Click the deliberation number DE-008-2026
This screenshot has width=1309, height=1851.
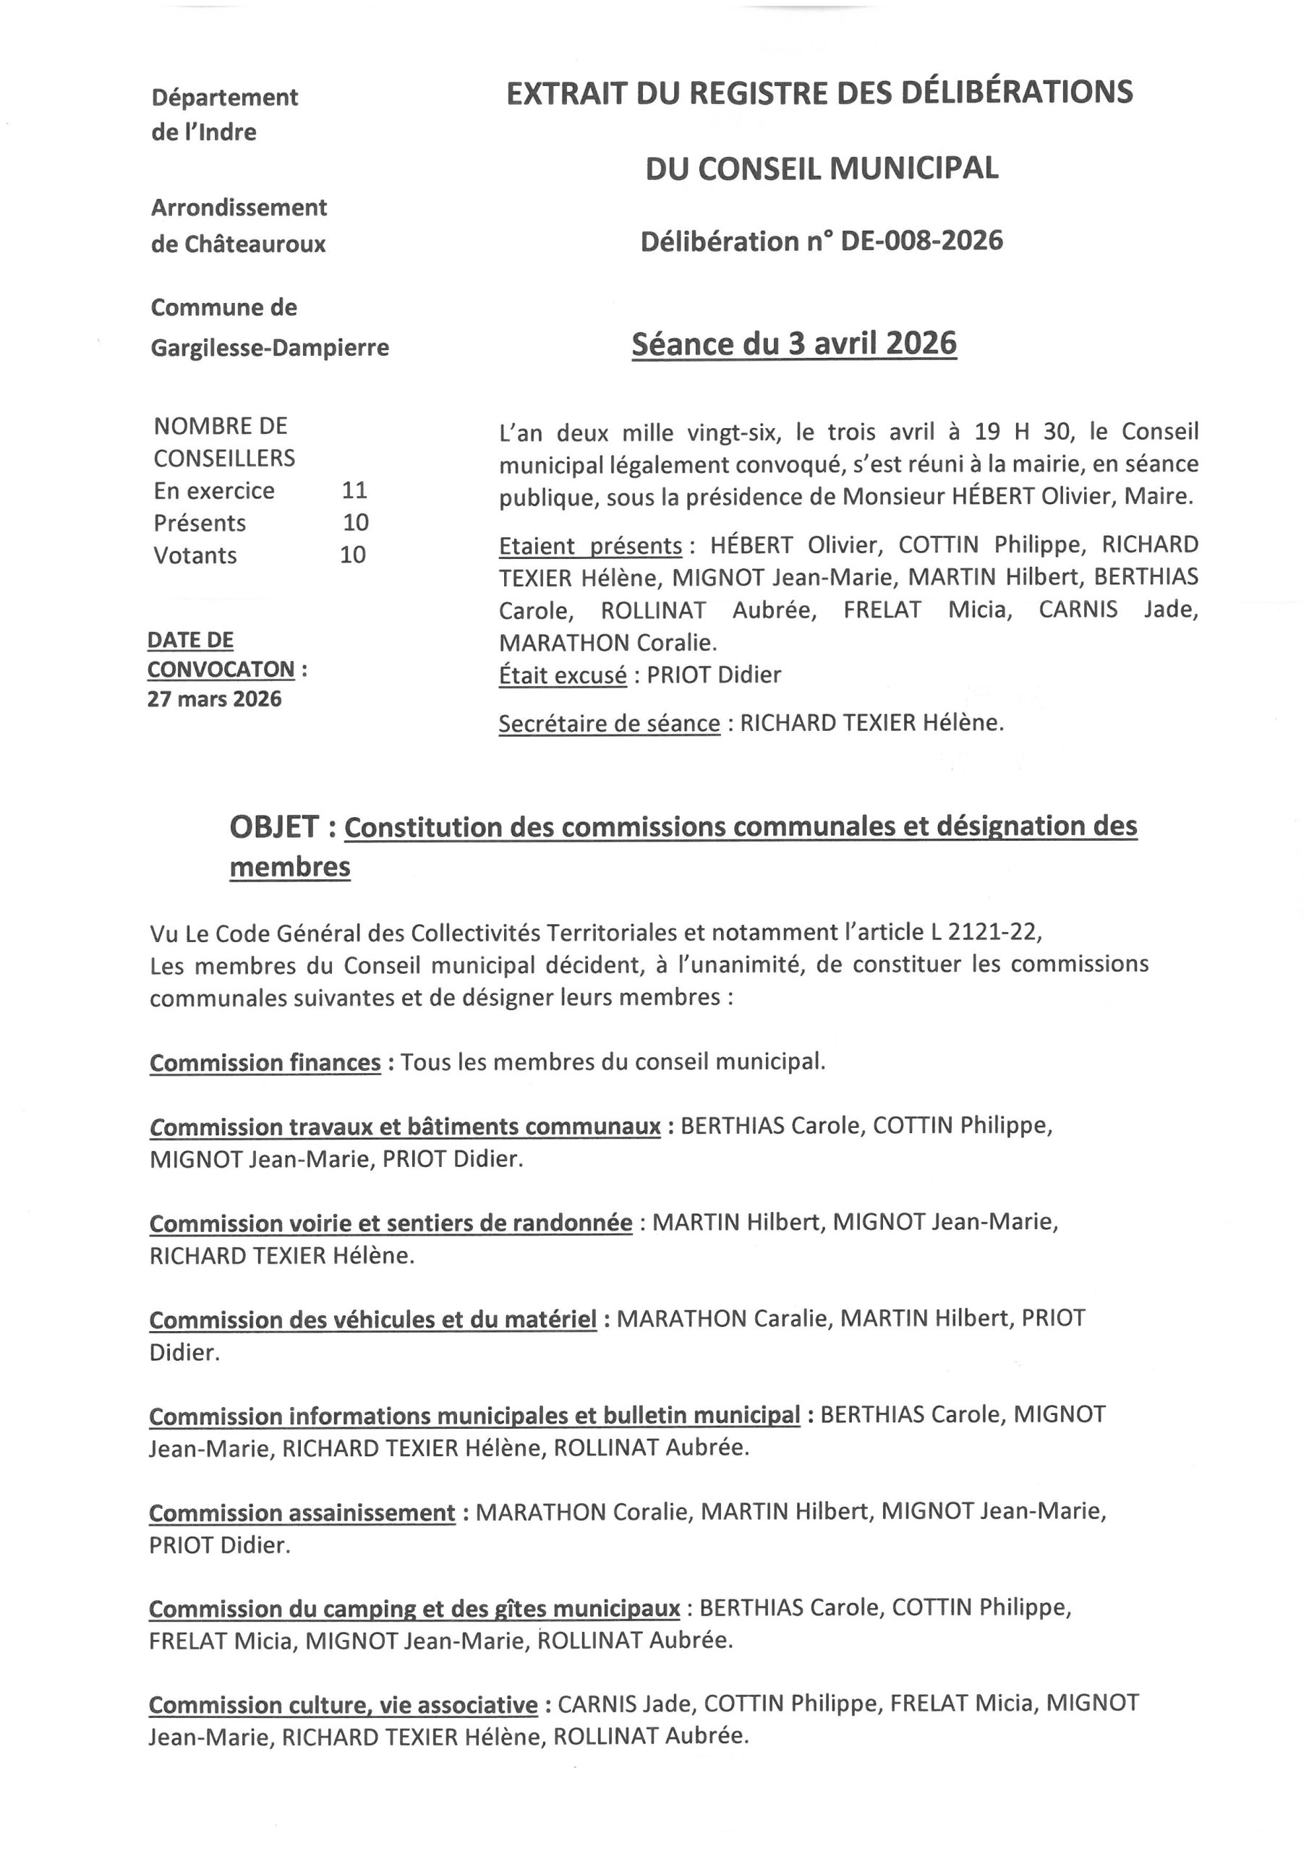(x=921, y=241)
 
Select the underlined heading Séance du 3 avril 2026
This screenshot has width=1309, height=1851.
(x=793, y=344)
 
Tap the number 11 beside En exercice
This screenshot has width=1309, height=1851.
(x=354, y=490)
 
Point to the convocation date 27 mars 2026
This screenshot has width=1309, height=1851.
(x=215, y=699)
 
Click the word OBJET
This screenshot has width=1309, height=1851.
(x=274, y=827)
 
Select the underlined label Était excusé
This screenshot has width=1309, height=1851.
(x=562, y=675)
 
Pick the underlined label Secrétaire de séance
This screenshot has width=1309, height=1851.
(x=609, y=724)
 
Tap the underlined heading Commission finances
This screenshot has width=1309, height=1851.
(x=265, y=1063)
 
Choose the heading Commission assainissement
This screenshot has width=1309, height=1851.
(x=302, y=1513)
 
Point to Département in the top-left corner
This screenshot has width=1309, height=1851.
(x=224, y=98)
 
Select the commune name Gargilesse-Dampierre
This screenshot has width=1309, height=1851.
(x=269, y=348)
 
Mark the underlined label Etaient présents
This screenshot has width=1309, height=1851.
(x=589, y=547)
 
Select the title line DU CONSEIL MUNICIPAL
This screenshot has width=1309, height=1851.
(x=821, y=168)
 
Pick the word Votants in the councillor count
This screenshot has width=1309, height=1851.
(x=195, y=555)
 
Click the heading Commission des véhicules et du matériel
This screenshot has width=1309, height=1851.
(x=372, y=1320)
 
